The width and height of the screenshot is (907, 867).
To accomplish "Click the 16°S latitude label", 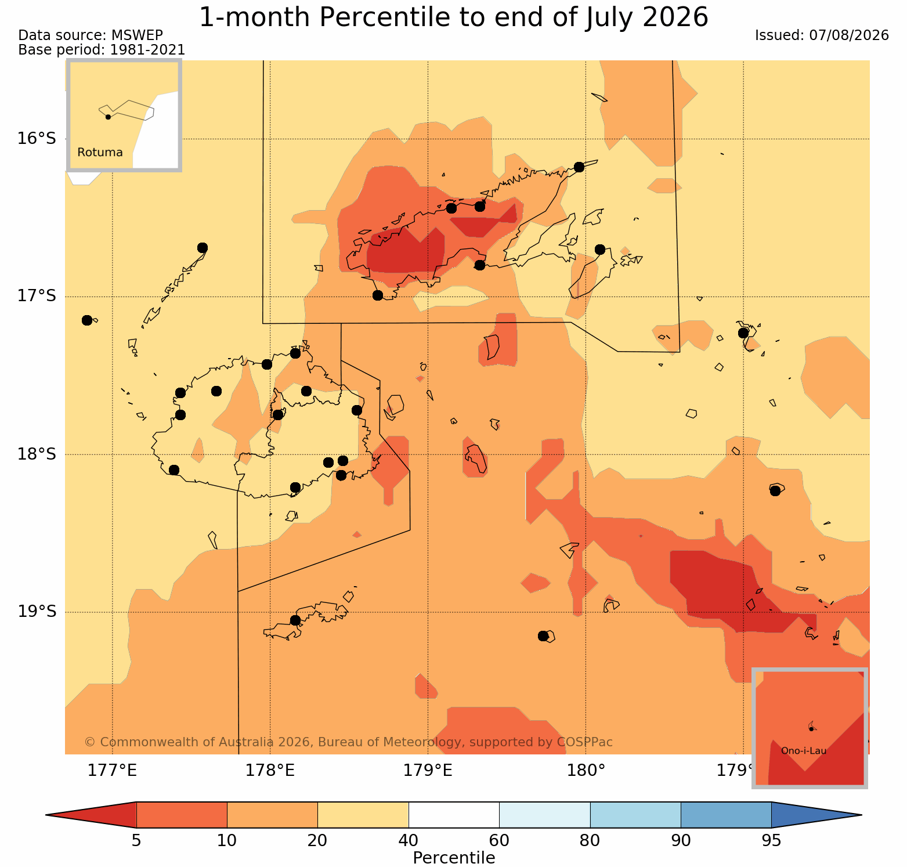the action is click(x=36, y=139).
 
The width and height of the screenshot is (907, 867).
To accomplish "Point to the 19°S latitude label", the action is click(x=36, y=612).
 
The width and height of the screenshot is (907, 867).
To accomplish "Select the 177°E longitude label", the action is click(x=112, y=771).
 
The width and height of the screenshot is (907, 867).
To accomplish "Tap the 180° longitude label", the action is click(x=586, y=771).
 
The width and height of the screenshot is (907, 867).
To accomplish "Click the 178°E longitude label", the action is click(x=270, y=771).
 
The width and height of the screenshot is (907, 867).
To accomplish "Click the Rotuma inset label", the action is click(x=100, y=153).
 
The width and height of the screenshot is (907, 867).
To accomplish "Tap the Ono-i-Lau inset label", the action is click(x=804, y=751).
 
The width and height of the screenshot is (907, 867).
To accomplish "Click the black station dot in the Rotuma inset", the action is click(x=108, y=117).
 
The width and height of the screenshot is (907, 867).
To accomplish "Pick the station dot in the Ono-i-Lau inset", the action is click(x=811, y=728).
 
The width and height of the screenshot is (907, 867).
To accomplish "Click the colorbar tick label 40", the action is click(x=409, y=841).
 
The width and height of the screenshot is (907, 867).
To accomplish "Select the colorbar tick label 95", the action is click(x=771, y=841).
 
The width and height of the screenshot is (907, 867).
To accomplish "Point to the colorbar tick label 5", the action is click(x=136, y=841).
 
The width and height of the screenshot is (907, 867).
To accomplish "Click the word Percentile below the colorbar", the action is click(x=454, y=858).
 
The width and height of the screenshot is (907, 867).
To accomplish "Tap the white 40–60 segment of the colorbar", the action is click(x=454, y=815).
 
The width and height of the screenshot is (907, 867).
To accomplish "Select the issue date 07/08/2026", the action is click(x=849, y=35).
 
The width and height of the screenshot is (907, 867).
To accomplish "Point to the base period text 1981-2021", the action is click(x=147, y=50).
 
